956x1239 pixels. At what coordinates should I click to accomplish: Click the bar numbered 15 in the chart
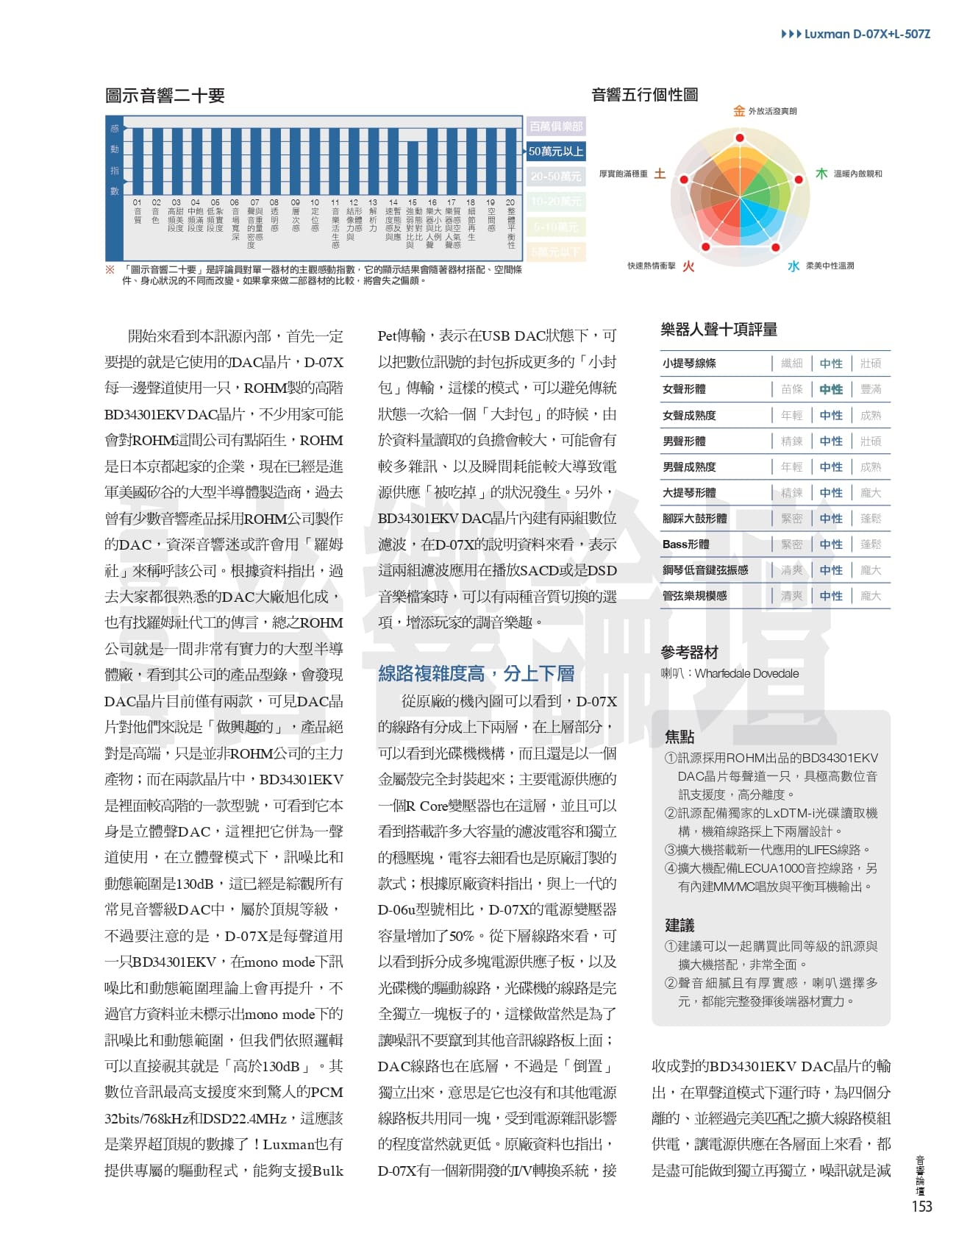pyautogui.click(x=413, y=166)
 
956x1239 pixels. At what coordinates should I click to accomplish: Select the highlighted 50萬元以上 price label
pyautogui.click(x=556, y=152)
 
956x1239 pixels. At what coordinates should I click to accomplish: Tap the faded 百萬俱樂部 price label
pyautogui.click(x=556, y=127)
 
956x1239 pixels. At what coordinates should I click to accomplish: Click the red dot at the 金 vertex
pyautogui.click(x=740, y=138)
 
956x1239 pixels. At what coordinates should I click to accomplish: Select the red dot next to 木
pyautogui.click(x=798, y=179)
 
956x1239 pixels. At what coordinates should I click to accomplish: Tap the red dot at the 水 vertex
pyautogui.click(x=775, y=246)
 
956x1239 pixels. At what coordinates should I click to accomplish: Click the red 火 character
pyautogui.click(x=688, y=266)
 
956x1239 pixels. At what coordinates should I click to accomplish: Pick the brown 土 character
pyautogui.click(x=660, y=174)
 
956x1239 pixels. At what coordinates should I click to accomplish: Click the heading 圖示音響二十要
pyautogui.click(x=165, y=96)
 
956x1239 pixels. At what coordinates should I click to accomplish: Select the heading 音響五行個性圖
pyautogui.click(x=644, y=95)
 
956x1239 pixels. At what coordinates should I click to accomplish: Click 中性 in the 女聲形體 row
pyautogui.click(x=831, y=389)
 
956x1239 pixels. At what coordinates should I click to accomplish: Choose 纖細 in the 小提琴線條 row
pyautogui.click(x=791, y=363)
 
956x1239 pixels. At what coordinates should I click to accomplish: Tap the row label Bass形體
pyautogui.click(x=685, y=544)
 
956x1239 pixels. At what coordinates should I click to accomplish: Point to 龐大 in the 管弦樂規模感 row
pyautogui.click(x=871, y=596)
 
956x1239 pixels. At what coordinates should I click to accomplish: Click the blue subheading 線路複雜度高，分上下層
pyautogui.click(x=476, y=673)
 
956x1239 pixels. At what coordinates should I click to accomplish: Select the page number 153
pyautogui.click(x=921, y=1207)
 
